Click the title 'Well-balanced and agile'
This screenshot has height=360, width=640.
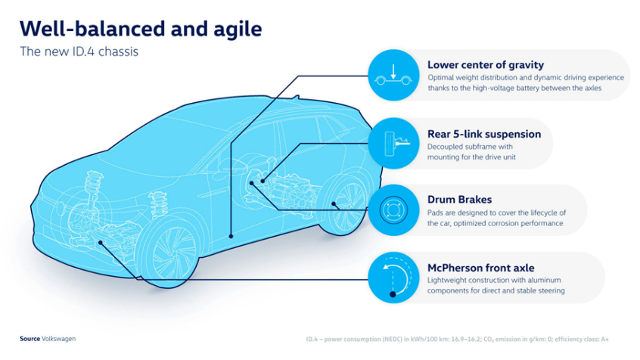coord(141,29)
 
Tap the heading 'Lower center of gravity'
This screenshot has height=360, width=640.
coord(485,65)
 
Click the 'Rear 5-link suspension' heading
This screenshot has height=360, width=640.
coord(484,134)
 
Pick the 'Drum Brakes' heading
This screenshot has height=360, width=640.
coord(459,200)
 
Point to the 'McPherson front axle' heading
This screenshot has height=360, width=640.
coord(480,268)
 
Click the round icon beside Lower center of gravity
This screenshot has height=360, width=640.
coord(393,75)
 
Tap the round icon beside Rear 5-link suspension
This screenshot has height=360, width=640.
coord(393,143)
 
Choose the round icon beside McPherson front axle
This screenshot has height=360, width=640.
coord(393,278)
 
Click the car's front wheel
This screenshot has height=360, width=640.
coord(169,250)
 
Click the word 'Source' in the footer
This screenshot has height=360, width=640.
coord(30,339)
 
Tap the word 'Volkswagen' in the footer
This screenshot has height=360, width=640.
coord(59,339)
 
